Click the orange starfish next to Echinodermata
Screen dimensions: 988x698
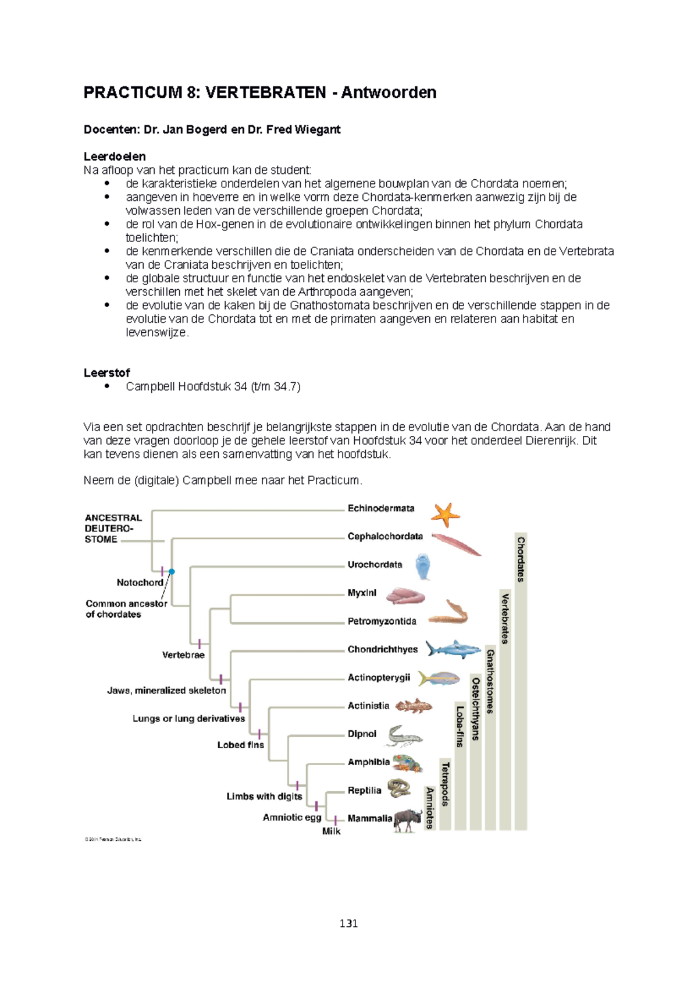[445, 514]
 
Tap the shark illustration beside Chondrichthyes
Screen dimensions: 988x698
[453, 649]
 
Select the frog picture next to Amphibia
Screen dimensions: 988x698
[408, 763]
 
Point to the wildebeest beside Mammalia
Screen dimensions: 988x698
[407, 820]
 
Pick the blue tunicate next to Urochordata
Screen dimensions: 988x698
[423, 566]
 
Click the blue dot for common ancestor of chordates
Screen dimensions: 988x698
[172, 571]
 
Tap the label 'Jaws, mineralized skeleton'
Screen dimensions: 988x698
[166, 691]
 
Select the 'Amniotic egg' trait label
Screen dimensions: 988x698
[291, 818]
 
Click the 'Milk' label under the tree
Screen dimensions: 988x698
[331, 831]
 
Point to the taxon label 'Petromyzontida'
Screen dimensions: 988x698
[382, 621]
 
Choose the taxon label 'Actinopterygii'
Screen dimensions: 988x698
[379, 678]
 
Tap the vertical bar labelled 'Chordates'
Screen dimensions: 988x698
[521, 681]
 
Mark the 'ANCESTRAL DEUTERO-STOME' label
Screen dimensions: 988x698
[113, 528]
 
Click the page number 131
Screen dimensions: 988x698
[348, 923]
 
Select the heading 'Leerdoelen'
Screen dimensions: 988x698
[114, 157]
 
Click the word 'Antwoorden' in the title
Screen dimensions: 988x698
[389, 93]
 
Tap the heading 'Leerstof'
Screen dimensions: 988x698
[106, 372]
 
